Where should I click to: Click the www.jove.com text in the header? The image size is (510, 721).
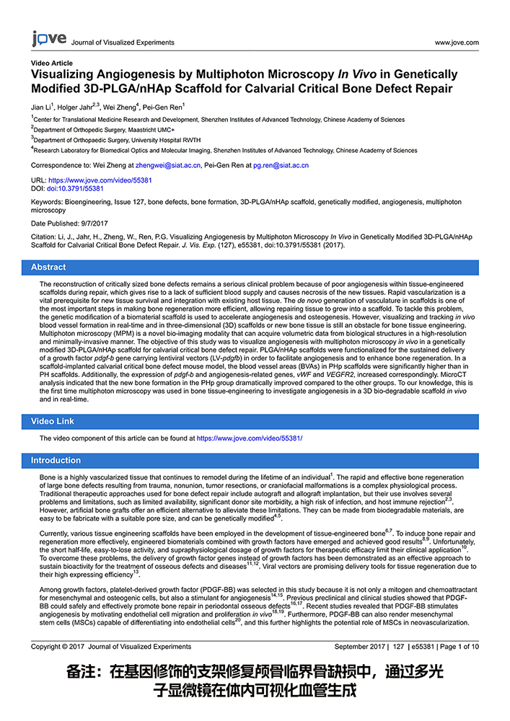[x=457, y=43]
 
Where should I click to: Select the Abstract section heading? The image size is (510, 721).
[x=48, y=267]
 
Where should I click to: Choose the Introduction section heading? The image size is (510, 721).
[x=56, y=460]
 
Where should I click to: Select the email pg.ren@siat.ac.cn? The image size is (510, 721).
[x=281, y=165]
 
